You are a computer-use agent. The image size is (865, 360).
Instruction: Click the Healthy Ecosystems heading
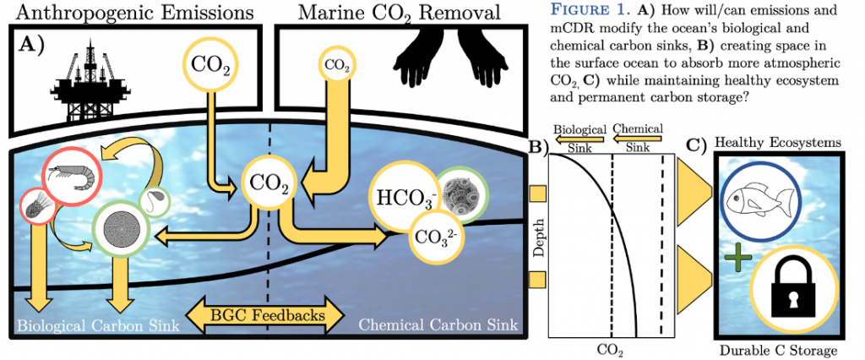click(x=778, y=143)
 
